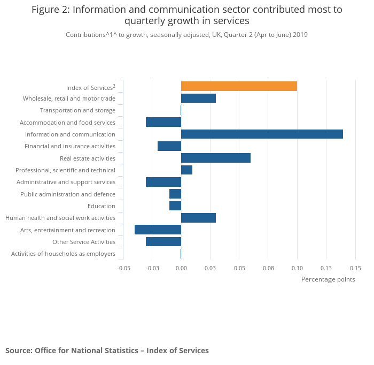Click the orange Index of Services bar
coord(239,86)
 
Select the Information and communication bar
coord(262,134)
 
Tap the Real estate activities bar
coord(216,158)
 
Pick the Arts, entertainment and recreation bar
coord(158,230)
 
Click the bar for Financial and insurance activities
coord(169,146)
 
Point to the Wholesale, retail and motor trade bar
coord(198,98)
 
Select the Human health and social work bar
coord(198,218)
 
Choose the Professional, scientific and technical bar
coord(186,170)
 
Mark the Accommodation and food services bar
coord(163,122)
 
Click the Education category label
coord(102,206)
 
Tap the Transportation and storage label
coord(77,110)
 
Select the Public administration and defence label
coord(68,194)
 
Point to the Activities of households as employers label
coord(63,254)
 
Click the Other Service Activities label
coord(84,242)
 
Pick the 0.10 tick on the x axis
coord(297,268)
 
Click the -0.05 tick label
coord(123,268)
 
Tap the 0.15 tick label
coord(355,268)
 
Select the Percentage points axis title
coord(328,279)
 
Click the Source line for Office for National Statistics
coord(107,351)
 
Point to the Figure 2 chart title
coord(187,15)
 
